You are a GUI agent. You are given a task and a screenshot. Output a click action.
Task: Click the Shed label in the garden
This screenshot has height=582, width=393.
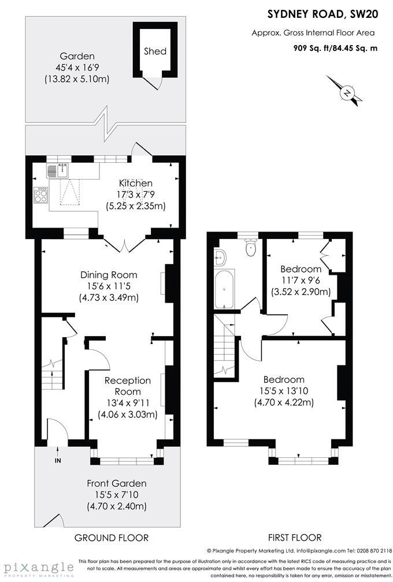coord(155,51)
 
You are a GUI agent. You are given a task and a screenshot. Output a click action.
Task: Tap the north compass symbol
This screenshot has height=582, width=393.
coord(347,92)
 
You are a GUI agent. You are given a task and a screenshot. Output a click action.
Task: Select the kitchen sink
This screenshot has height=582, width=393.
coord(58,170)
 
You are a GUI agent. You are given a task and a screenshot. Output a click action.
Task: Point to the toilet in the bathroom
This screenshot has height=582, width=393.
coord(251,248)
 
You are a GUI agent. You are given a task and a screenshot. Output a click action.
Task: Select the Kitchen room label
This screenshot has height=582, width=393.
coord(136,183)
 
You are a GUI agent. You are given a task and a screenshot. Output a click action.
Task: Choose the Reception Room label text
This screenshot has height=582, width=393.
coord(127,386)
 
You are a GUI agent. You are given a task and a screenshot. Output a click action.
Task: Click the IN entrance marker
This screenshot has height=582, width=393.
coord(57,460)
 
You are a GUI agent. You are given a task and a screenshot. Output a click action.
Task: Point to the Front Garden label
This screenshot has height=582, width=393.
coord(116,483)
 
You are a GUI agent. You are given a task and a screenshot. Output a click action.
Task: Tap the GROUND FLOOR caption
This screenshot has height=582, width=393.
coord(112,538)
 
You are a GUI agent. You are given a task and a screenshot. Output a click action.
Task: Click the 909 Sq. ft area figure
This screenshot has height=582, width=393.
coord(311,48)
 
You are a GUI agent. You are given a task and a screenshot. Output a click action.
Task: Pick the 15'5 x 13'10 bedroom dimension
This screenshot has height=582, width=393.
coord(284,391)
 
